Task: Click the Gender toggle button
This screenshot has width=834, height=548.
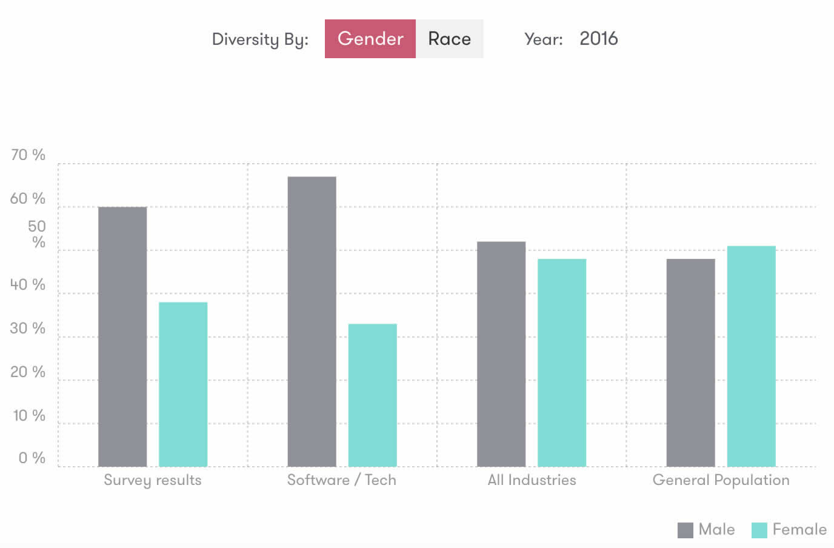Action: (x=370, y=39)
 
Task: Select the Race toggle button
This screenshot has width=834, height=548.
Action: (x=449, y=39)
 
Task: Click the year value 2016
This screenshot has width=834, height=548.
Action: (x=598, y=39)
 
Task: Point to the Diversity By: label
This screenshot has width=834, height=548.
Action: (x=260, y=39)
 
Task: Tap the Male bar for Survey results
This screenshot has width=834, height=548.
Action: (x=122, y=336)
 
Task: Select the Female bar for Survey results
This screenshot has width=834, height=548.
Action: (x=183, y=384)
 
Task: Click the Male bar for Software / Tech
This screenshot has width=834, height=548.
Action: (x=312, y=321)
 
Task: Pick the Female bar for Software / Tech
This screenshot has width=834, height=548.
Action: (x=372, y=395)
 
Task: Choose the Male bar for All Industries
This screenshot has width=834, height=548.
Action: (x=501, y=354)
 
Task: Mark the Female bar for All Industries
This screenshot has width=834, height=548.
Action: (x=562, y=363)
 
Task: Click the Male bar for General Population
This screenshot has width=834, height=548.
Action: (x=690, y=363)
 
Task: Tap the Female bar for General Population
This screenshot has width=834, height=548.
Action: (x=751, y=356)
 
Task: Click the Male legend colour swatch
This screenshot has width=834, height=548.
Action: (x=685, y=530)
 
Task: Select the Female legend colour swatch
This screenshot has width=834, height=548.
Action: (x=759, y=530)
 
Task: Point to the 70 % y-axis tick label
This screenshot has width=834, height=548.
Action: (x=28, y=155)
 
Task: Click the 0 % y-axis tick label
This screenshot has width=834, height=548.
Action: (x=32, y=458)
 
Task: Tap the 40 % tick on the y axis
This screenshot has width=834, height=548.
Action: (x=28, y=285)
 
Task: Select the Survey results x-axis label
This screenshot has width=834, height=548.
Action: (x=152, y=480)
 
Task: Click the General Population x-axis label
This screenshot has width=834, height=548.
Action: (x=721, y=480)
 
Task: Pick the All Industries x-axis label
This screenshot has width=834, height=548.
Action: (x=532, y=480)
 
